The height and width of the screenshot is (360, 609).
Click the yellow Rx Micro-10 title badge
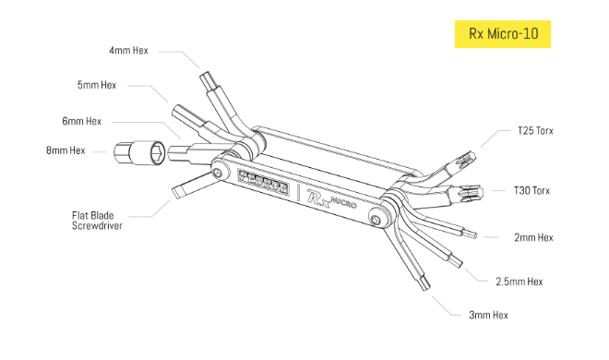[503, 34]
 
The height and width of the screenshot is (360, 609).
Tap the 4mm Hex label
[128, 51]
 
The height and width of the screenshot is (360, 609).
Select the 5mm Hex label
[97, 85]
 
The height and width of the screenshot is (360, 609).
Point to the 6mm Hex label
[81, 121]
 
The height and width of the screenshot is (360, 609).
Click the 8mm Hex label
[66, 150]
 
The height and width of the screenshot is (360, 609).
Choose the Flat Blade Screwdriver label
[97, 221]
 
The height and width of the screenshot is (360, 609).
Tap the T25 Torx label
[535, 131]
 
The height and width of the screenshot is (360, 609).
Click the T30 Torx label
[531, 191]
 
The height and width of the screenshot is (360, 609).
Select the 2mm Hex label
[533, 237]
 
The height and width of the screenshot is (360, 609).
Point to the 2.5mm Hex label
[519, 282]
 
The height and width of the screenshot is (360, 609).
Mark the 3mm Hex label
[489, 315]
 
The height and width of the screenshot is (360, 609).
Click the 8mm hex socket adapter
[139, 152]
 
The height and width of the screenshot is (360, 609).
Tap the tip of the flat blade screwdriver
[175, 193]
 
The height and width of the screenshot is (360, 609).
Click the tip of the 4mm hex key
[204, 75]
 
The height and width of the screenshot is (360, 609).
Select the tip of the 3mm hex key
[425, 284]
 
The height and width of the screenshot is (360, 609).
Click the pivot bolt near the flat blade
[218, 173]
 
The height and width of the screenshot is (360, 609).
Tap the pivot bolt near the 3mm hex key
[376, 220]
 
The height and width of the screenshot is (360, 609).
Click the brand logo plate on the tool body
[264, 182]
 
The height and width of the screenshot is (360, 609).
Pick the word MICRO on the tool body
[343, 201]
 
